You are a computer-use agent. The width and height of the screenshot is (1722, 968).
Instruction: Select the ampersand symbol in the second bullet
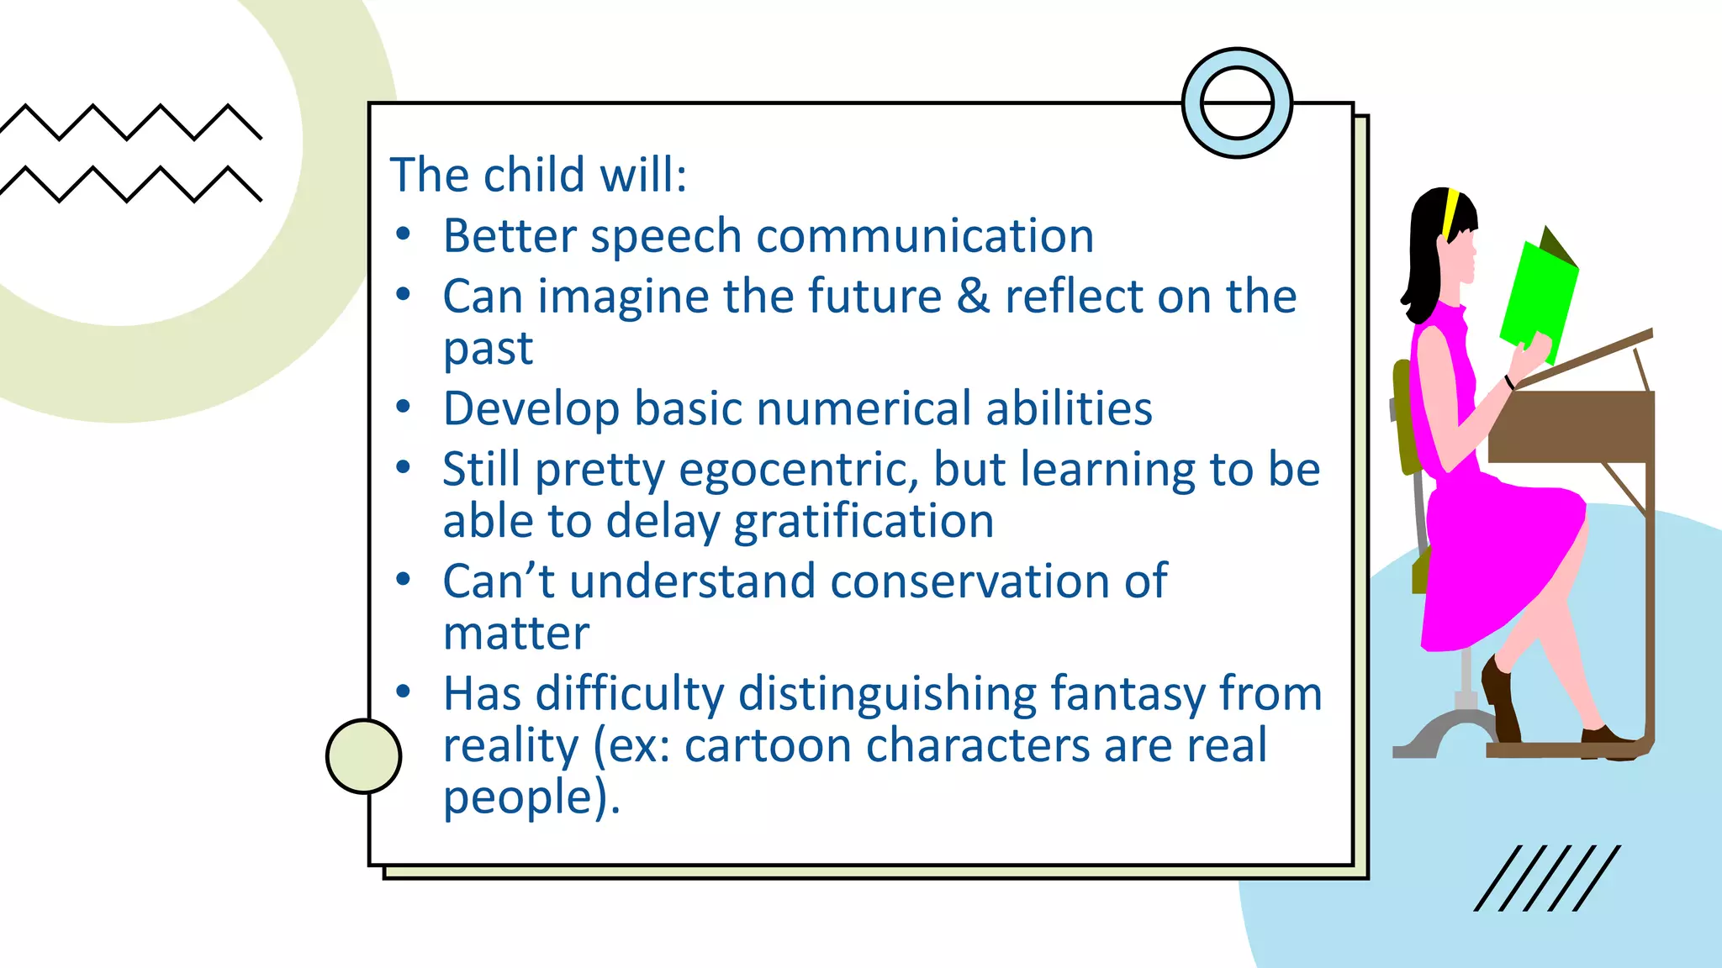click(973, 296)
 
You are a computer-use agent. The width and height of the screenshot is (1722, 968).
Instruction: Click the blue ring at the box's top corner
click(1237, 103)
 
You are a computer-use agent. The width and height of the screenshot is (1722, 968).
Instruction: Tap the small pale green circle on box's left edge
click(363, 756)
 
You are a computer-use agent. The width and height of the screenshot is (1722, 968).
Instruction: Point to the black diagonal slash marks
click(1547, 878)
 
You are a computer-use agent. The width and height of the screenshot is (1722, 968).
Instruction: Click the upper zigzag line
click(130, 122)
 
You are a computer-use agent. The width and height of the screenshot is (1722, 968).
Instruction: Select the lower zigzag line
click(130, 184)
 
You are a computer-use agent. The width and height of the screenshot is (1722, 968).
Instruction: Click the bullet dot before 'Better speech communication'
click(404, 234)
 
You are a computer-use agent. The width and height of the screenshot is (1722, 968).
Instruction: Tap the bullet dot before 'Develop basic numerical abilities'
click(404, 408)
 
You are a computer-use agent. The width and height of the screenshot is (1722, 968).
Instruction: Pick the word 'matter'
click(515, 634)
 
